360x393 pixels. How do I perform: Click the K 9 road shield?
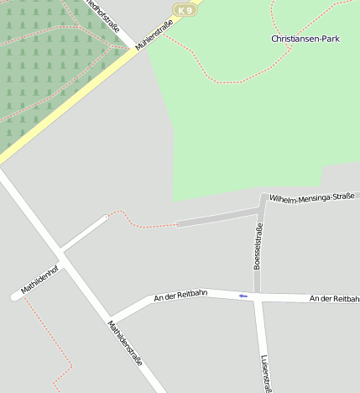[185, 10]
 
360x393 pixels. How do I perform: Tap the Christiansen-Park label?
[305, 39]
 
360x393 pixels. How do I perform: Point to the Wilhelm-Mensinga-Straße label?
[312, 198]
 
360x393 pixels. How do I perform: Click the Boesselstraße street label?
[258, 246]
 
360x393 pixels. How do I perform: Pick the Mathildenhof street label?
[40, 280]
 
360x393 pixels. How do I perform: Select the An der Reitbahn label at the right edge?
[334, 299]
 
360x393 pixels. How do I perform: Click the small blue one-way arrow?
[243, 296]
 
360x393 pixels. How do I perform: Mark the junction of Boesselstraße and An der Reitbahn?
[258, 296]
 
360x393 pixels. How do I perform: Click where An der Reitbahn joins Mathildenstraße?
[112, 320]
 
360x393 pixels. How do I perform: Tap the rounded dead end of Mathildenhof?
[15, 296]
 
